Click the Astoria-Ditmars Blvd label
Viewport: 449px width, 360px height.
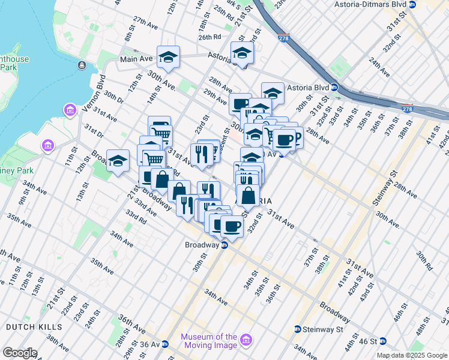pyautogui.click(x=374, y=4)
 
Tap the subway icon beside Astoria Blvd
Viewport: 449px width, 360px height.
pyautogui.click(x=335, y=88)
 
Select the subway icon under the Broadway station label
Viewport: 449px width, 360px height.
pyautogui.click(x=224, y=245)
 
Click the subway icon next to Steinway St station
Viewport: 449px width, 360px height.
pyautogui.click(x=297, y=329)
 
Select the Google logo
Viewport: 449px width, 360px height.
pyautogui.click(x=20, y=353)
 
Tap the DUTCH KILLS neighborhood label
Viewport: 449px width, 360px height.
pyautogui.click(x=34, y=327)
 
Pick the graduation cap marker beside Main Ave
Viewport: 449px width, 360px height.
pyautogui.click(x=168, y=58)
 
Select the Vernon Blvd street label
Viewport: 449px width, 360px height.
pyautogui.click(x=94, y=91)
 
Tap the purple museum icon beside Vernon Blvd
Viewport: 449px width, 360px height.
pyautogui.click(x=70, y=110)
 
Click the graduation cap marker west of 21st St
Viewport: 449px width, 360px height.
pyautogui.click(x=118, y=161)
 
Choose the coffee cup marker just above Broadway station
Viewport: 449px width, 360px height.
pyautogui.click(x=232, y=227)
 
